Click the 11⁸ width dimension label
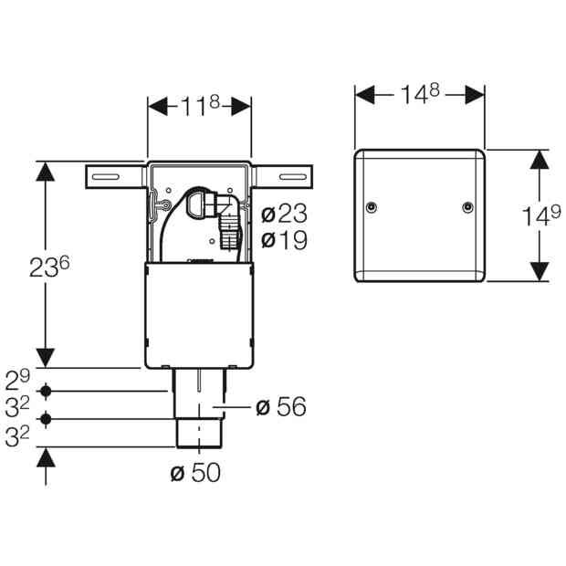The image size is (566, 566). (200, 105)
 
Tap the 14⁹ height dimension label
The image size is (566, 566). (541, 215)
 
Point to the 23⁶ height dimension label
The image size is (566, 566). (49, 267)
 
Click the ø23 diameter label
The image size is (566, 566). (284, 214)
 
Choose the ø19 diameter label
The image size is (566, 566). (284, 239)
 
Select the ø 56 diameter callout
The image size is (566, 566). (281, 406)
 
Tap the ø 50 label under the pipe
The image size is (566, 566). (195, 472)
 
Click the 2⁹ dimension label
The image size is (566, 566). (17, 380)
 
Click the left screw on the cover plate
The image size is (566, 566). (372, 207)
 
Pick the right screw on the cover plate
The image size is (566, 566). (468, 207)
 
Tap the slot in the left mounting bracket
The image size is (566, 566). (106, 177)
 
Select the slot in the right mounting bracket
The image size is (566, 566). (293, 177)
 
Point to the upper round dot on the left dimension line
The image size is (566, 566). (46, 391)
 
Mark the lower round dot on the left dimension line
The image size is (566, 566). (46, 419)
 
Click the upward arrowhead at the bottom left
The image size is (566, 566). (46, 457)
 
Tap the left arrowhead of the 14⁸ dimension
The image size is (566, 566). (365, 95)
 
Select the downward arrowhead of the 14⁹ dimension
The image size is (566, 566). (540, 271)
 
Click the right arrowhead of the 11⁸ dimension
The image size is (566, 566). (241, 106)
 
